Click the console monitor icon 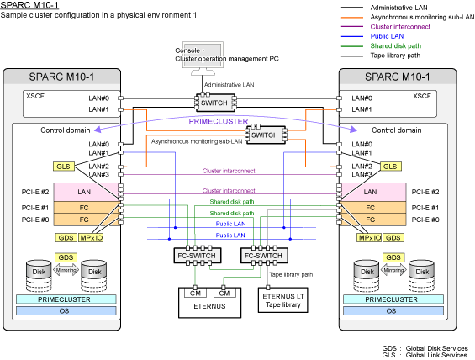(x=203, y=57)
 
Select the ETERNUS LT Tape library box (x=283, y=300)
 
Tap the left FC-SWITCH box (x=198, y=256)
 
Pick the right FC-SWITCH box (x=264, y=256)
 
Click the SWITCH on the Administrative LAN (x=215, y=103)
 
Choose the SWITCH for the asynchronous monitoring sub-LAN (x=266, y=135)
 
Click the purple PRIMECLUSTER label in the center (x=219, y=121)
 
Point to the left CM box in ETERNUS (x=195, y=293)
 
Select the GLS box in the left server (x=64, y=167)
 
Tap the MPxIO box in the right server (x=369, y=238)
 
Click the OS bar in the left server (x=66, y=311)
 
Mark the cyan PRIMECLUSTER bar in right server (x=393, y=299)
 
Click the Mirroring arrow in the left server (x=66, y=270)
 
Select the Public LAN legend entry (x=372, y=36)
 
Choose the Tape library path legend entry (x=381, y=56)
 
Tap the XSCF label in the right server (x=422, y=96)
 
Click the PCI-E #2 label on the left (x=35, y=192)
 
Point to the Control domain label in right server (x=397, y=130)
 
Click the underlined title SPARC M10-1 (x=29, y=5)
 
